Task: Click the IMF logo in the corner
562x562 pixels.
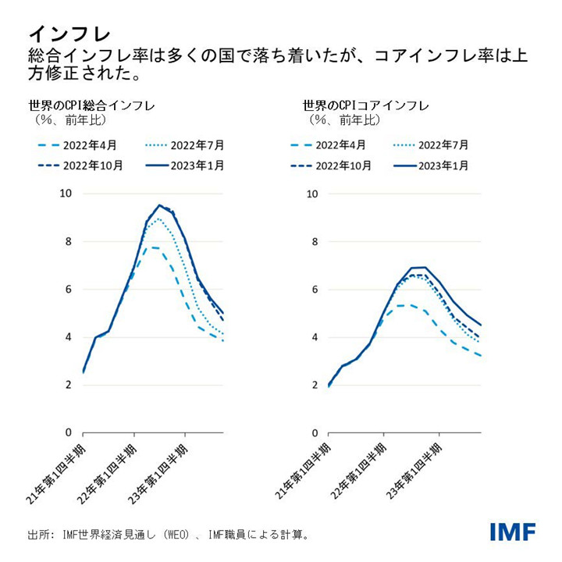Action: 513,532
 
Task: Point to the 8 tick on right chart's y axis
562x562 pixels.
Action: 311,241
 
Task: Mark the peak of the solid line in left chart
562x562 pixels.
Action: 159,205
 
